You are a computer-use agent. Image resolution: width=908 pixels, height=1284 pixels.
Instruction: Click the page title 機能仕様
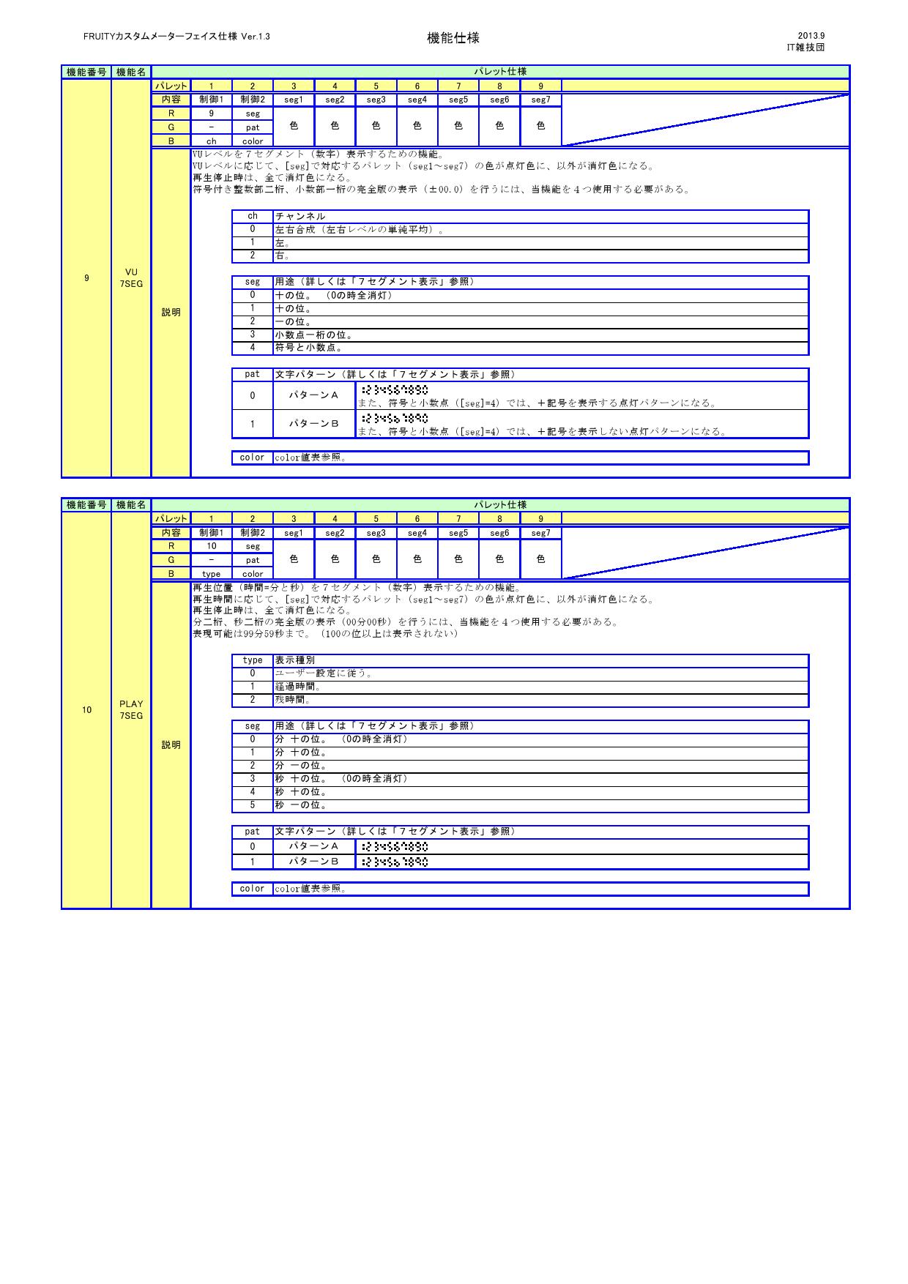(x=453, y=38)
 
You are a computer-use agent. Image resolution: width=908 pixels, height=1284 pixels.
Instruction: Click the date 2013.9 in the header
(x=811, y=35)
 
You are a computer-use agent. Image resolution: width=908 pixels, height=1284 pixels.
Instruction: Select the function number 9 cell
(x=86, y=278)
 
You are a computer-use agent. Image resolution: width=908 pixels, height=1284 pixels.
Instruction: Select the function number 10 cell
(x=86, y=710)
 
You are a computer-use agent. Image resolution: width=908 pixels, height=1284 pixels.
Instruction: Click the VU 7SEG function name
(x=131, y=278)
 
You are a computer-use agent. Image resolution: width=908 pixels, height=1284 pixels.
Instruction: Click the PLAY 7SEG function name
(x=131, y=710)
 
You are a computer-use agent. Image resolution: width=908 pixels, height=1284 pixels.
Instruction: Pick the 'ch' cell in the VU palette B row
(x=211, y=141)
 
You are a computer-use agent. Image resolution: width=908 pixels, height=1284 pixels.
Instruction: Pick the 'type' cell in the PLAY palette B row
(x=211, y=574)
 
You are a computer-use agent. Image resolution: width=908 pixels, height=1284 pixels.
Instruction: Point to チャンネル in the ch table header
(x=300, y=217)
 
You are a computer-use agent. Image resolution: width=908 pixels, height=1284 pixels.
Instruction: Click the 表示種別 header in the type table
(x=294, y=660)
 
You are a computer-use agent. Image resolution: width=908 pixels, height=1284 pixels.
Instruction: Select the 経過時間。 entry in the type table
(x=297, y=687)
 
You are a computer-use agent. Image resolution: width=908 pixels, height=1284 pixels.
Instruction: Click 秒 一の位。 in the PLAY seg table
(x=300, y=805)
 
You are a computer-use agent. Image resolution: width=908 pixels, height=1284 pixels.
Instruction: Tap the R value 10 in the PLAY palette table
(x=211, y=546)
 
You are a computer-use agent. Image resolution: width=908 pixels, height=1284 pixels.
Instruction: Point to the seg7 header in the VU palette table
(x=540, y=100)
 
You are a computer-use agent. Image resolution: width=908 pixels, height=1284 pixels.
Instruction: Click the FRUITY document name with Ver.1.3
(x=176, y=36)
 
